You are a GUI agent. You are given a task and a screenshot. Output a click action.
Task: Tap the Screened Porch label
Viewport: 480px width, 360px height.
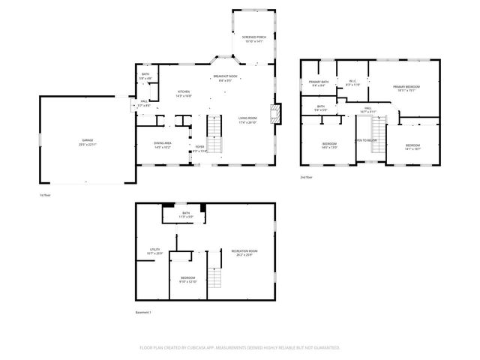click(x=253, y=37)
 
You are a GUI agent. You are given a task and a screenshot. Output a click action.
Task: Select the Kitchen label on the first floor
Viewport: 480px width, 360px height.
click(x=184, y=93)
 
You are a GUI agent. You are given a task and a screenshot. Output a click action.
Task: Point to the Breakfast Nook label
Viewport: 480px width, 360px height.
click(x=225, y=76)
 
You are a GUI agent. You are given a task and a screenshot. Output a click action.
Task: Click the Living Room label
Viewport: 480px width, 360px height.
click(x=247, y=118)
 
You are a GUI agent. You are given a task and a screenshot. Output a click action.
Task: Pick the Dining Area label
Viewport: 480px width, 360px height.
click(x=163, y=144)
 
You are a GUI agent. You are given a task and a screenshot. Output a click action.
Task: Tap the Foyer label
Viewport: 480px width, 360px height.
click(x=199, y=147)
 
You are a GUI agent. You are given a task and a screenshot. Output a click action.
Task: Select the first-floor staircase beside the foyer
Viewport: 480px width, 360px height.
click(x=215, y=129)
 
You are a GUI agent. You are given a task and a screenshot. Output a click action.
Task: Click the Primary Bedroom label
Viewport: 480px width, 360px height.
click(x=406, y=88)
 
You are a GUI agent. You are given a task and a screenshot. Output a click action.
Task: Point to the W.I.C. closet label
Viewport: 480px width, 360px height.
click(x=352, y=81)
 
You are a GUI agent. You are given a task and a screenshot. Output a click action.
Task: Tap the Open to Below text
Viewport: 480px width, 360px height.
click(x=366, y=140)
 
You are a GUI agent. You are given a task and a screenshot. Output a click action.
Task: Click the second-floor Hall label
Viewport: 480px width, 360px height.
click(x=368, y=108)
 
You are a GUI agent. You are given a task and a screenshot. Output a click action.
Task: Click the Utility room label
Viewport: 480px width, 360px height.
click(x=155, y=250)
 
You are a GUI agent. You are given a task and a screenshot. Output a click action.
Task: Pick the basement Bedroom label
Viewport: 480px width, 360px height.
click(x=187, y=278)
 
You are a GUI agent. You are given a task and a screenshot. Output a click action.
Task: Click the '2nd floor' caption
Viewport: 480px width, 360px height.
click(x=305, y=177)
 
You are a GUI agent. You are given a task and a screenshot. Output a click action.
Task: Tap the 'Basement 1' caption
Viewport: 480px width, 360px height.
click(x=143, y=312)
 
